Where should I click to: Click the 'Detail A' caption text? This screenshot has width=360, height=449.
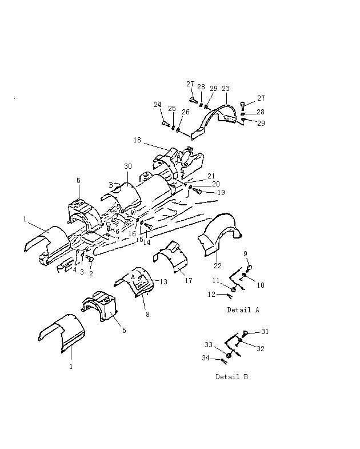pos(243,310)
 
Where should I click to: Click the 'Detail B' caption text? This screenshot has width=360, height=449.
pos(231,377)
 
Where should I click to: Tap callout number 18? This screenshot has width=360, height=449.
pos(137,140)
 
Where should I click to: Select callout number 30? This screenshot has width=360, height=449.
pos(128,166)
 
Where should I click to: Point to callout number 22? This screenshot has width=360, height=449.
pos(218,266)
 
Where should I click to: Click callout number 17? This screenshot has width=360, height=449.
pos(189,281)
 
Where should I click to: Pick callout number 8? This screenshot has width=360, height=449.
pos(147,315)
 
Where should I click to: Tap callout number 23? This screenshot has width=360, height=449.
pos(226,89)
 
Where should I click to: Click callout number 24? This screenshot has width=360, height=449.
pos(158,105)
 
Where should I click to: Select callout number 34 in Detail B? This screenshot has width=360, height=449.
pos(206,358)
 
